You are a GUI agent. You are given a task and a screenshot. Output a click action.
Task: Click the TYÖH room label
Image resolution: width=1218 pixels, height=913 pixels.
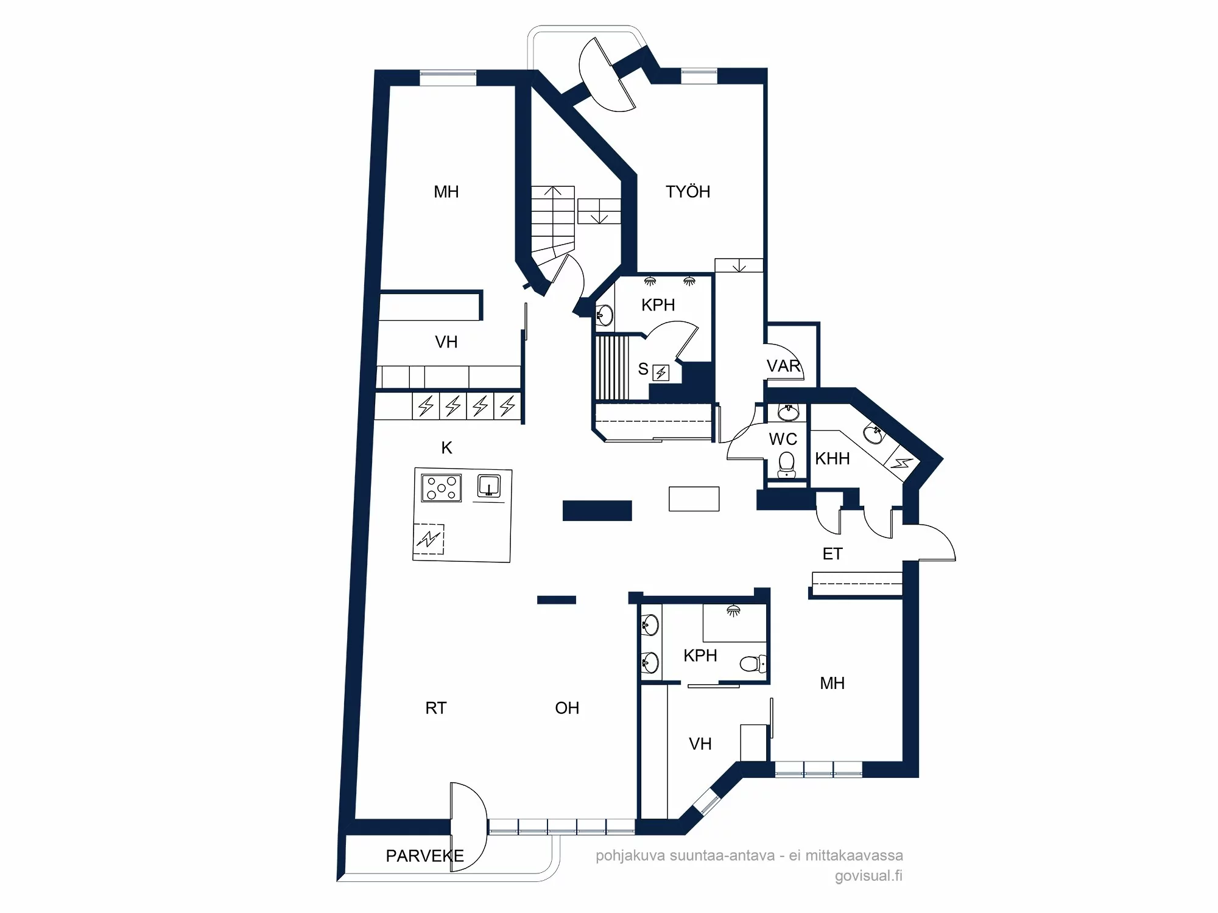point(688,192)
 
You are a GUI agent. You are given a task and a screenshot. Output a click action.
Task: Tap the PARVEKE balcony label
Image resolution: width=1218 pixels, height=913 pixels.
point(424,856)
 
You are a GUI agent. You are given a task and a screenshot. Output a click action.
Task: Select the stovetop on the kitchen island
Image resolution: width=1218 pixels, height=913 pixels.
point(442,488)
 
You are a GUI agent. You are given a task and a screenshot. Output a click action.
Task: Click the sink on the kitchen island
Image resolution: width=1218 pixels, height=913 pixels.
point(488,486)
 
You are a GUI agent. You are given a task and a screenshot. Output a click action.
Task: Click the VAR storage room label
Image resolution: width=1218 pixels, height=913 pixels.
point(783,366)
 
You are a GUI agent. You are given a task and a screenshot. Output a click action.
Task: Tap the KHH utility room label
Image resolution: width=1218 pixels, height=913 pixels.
point(832,458)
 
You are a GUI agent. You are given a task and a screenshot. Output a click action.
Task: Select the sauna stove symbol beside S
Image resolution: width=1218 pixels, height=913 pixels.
point(661,373)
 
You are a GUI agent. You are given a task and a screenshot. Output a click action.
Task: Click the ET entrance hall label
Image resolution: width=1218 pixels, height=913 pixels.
point(832,554)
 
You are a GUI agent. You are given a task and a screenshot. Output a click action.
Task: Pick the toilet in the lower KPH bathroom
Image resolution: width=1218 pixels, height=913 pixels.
point(753,663)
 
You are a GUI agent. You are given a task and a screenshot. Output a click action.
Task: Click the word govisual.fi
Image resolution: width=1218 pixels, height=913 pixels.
point(868,876)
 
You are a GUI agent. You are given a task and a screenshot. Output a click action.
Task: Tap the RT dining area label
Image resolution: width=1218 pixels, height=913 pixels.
point(435,708)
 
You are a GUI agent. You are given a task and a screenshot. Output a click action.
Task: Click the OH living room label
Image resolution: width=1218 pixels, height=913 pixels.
point(567,708)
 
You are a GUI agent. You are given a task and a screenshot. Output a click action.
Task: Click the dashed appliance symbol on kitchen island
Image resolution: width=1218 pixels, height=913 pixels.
point(429,539)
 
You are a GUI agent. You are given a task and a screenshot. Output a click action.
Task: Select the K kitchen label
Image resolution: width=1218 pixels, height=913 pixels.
point(446,448)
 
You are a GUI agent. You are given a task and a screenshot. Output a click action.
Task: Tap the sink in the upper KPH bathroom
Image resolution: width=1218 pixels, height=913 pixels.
point(604,315)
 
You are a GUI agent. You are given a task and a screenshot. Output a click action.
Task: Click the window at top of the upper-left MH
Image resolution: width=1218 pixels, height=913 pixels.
point(448,77)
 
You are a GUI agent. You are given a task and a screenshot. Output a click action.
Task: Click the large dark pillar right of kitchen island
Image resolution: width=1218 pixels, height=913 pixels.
point(597,511)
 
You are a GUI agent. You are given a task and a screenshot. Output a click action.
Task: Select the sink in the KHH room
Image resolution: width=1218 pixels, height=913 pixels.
point(874,435)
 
